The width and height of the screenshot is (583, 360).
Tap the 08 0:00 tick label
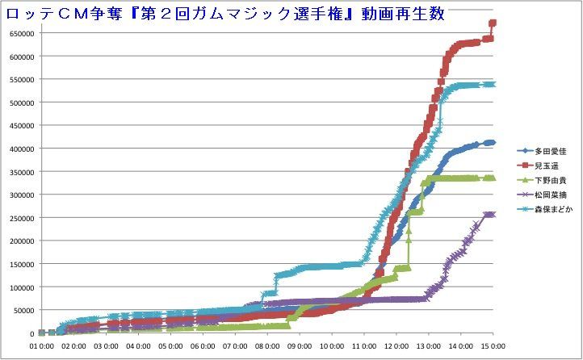click(266, 345)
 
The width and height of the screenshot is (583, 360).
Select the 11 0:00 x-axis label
click(363, 345)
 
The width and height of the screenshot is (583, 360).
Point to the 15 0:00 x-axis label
click(492, 345)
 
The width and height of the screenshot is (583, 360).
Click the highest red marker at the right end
click(493, 23)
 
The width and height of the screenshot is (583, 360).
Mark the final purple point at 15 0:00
click(492, 215)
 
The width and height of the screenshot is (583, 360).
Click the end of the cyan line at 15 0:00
click(492, 84)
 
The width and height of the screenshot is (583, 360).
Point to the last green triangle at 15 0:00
click(492, 178)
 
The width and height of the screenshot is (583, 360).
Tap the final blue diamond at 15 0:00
click(492, 143)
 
